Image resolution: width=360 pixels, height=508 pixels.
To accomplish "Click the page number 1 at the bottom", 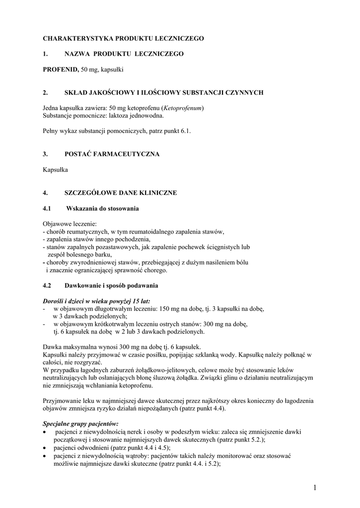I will click(315, 488).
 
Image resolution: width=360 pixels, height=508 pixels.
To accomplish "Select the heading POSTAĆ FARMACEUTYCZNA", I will click(112, 154).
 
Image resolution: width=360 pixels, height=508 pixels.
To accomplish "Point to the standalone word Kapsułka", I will click(55, 170).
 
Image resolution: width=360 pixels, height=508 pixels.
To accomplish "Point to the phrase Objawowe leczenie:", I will click(70, 224).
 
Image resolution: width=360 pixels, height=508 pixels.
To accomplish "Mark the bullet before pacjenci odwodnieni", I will click(45, 448).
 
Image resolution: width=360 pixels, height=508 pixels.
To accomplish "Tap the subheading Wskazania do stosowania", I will click(102, 208).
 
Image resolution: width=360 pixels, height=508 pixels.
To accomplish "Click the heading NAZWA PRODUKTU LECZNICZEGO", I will click(124, 54).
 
